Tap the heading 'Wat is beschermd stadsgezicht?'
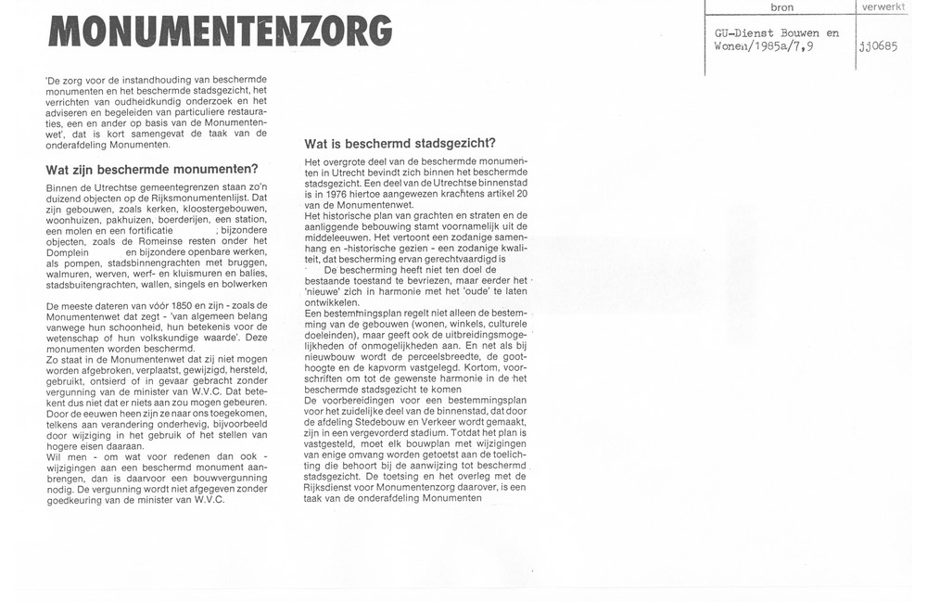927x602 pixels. point(400,144)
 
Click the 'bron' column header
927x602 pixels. point(781,7)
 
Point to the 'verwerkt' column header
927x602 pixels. point(883,7)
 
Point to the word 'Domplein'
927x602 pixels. point(67,252)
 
